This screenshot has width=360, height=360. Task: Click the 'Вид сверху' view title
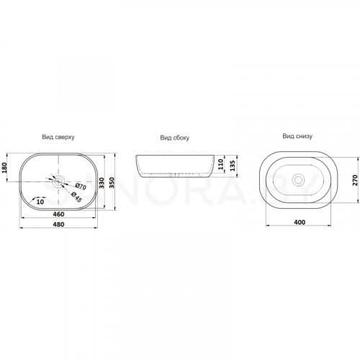58,137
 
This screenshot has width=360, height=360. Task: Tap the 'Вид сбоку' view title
175,138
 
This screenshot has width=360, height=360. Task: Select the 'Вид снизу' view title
297,136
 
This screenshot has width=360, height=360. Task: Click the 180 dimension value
4,168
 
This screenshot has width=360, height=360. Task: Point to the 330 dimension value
102,183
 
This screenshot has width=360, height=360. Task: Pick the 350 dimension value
112,183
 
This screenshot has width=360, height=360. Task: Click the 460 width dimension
58,214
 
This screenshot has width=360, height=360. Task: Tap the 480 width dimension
58,225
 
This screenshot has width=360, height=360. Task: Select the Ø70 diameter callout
81,186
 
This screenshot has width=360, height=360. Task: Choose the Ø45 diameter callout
76,197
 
